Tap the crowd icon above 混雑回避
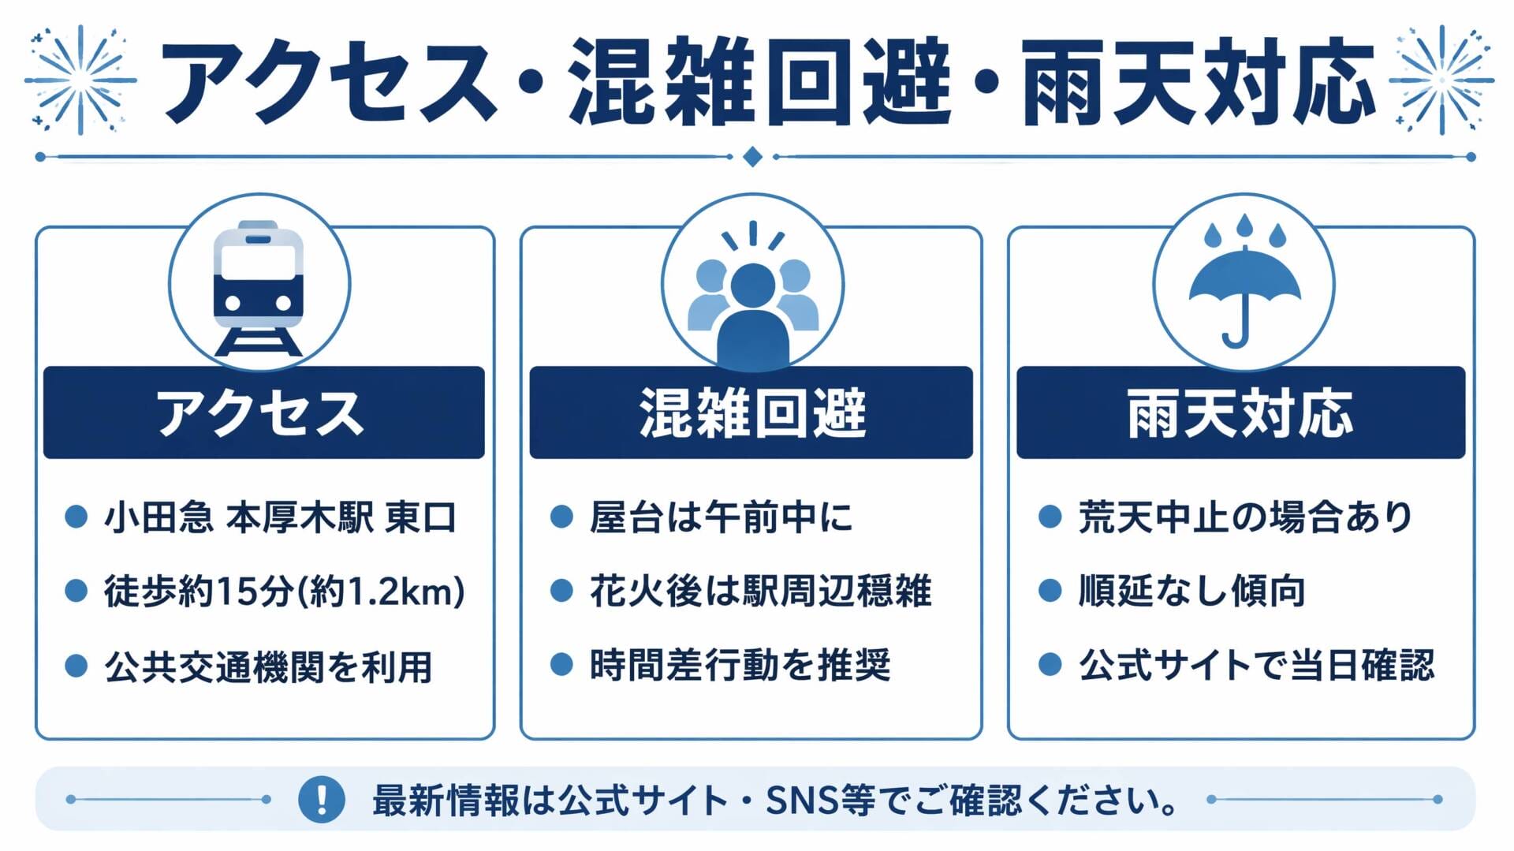tap(753, 296)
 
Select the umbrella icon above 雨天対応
tap(1244, 282)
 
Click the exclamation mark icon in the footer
tap(322, 799)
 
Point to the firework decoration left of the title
tap(80, 80)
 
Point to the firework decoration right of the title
tap(1441, 80)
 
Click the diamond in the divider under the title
tap(753, 157)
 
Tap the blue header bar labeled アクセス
tap(264, 412)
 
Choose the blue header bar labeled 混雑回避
tap(751, 412)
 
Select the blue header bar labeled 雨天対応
tap(1241, 412)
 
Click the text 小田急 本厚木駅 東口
tap(280, 517)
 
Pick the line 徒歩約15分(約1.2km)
tap(284, 592)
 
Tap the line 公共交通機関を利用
tap(268, 666)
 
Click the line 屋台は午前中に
tap(721, 517)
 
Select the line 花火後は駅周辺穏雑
tap(761, 592)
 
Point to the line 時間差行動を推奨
tap(740, 666)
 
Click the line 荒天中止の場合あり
tap(1245, 517)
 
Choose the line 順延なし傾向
tap(1191, 592)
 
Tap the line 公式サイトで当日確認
tap(1257, 666)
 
